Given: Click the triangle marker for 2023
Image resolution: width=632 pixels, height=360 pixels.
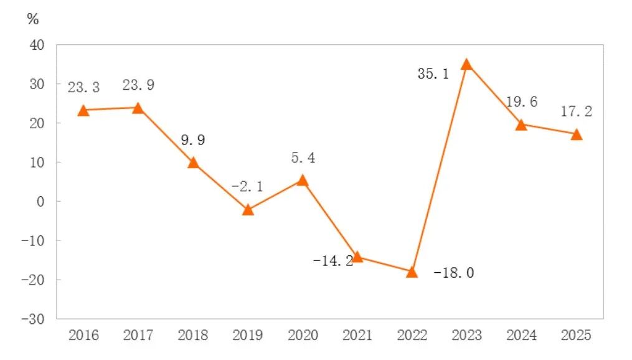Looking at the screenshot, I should coord(466,64).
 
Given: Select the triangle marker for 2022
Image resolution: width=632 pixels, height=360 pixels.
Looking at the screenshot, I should coord(412,272).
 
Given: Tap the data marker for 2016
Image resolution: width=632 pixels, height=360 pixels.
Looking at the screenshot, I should coord(83,110).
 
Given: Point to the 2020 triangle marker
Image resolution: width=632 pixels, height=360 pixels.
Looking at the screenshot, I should coord(303,180).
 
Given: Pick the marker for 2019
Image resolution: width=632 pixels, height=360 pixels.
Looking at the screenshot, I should coord(248,209).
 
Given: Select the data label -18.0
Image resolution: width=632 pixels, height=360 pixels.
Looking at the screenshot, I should coord(453,273).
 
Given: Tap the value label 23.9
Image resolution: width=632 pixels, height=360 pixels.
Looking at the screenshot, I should coord(137,85).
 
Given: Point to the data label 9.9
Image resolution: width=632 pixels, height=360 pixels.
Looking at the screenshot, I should coord(192,141).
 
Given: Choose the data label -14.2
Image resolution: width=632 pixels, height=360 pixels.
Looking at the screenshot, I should coord(333,260).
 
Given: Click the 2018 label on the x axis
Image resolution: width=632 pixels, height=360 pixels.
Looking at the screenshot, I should coord(193,336).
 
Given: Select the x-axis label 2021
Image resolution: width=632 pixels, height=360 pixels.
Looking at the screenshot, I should coord(357,336).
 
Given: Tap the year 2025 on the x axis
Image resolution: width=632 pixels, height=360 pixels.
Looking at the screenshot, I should coord(577,336).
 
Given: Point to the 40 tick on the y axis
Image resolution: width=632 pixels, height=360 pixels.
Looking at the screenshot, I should coord(37,45).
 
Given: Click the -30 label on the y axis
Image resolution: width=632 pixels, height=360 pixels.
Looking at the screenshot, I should coord(33,318).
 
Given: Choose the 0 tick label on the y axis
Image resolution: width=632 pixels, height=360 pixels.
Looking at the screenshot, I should coord(40,201).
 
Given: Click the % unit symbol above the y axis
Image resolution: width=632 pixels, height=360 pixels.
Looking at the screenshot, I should coord(32,19).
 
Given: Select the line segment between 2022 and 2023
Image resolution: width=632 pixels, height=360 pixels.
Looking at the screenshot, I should coord(440,168).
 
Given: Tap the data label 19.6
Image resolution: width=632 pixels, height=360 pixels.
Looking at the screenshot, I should coord(521,102).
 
